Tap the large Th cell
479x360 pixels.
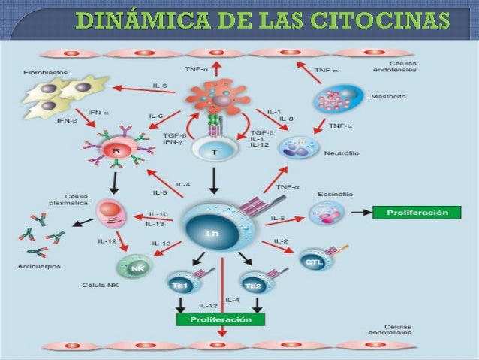(212, 231)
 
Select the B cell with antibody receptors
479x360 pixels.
(116, 149)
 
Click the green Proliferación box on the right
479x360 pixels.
(423, 213)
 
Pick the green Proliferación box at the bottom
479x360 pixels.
(220, 319)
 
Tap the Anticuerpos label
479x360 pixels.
(38, 267)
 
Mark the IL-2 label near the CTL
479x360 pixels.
(281, 241)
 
